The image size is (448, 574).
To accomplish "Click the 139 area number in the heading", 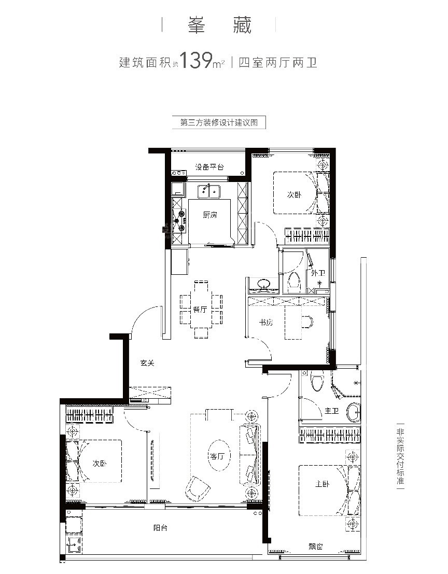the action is (x=196, y=60).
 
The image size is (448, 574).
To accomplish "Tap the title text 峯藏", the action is (x=220, y=25).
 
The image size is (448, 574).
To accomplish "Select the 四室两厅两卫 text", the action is (x=278, y=63).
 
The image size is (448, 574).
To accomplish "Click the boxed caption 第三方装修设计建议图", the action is (x=219, y=123).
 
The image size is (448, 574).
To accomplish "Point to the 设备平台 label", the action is (x=209, y=167).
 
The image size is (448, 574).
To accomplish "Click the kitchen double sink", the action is (x=209, y=191).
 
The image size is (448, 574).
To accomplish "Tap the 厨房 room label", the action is (x=210, y=215).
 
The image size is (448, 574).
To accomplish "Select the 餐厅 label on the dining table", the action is (x=200, y=310).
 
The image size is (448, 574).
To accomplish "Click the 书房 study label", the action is (x=265, y=323).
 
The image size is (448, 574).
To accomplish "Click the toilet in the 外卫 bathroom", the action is (x=294, y=283).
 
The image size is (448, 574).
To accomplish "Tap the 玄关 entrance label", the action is (x=147, y=363).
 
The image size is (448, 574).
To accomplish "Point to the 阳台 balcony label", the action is (x=160, y=528).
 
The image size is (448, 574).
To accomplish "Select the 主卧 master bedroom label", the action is (x=323, y=484).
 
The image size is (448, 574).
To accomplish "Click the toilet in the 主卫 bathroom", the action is (x=317, y=381).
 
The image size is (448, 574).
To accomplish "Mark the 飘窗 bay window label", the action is (x=315, y=547).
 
